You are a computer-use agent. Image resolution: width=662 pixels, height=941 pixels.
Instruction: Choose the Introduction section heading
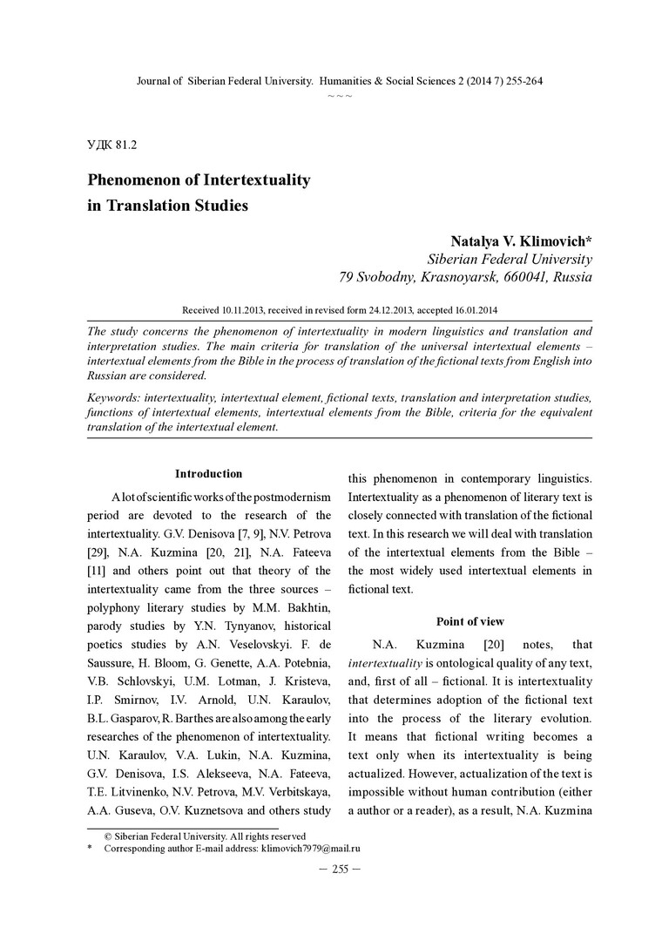[x=208, y=474]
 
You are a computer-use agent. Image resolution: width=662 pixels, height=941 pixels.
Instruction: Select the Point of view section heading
[x=469, y=621]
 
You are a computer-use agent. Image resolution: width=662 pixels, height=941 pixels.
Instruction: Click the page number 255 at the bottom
[x=340, y=869]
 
